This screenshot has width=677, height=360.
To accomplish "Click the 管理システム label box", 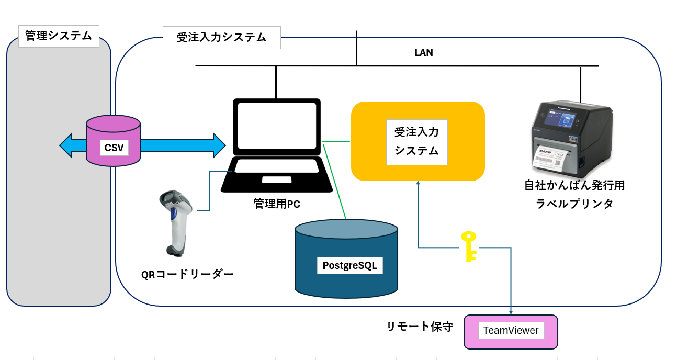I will (59, 36).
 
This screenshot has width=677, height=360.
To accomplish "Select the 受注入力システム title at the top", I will (221, 38).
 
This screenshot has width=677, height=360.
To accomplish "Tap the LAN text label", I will (423, 53).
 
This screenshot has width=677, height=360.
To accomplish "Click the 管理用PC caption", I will (277, 204).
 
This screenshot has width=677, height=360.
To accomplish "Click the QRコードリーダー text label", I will (187, 274).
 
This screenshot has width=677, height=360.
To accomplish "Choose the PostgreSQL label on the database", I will (350, 265).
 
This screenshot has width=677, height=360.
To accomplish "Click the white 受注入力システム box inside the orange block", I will (416, 142).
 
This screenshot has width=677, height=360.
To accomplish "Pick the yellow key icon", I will (469, 245).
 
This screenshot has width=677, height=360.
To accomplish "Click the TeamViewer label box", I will (511, 331).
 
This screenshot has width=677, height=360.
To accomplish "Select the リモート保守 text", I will (420, 327).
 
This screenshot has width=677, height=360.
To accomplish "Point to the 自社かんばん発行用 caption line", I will (574, 185).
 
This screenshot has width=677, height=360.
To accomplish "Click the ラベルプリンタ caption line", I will (574, 204).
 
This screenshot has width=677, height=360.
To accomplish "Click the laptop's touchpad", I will (277, 179).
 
